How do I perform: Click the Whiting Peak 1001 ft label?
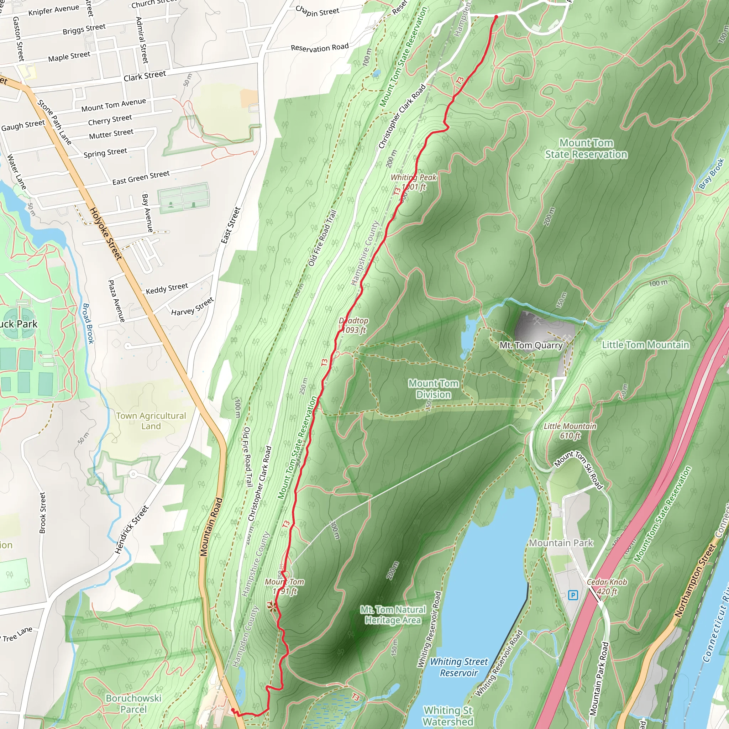(414, 182)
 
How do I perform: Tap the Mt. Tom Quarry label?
(531, 345)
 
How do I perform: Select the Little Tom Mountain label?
(645, 345)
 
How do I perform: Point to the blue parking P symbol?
(573, 596)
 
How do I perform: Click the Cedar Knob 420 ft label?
(607, 587)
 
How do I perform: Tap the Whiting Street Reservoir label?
(459, 667)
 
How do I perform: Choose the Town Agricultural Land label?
(151, 421)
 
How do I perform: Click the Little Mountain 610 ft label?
(570, 431)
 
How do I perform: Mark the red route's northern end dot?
(496, 17)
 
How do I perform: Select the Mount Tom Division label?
(434, 389)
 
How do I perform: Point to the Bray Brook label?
(711, 173)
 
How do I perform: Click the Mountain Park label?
(561, 543)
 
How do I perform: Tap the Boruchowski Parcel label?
(133, 704)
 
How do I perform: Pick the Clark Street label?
(145, 76)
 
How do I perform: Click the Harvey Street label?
(193, 306)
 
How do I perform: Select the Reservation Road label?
(320, 48)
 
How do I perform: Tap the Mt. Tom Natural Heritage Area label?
(393, 615)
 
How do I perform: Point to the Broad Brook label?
(88, 323)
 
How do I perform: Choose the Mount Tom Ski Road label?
(579, 470)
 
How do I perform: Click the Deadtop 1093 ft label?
(353, 325)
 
